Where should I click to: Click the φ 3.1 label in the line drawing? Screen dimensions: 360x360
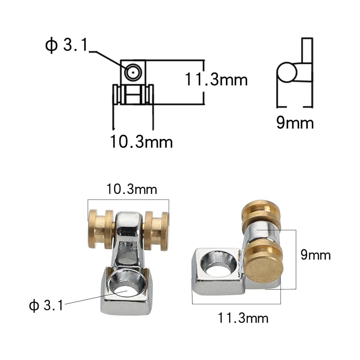[67, 45]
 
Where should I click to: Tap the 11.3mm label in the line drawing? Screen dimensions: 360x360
[216, 80]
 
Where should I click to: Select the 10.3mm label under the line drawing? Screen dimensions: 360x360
[141, 141]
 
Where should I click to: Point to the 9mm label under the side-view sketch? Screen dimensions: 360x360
[295, 123]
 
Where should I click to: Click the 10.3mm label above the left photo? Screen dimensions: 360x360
[131, 189]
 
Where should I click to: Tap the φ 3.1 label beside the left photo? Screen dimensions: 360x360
[46, 305]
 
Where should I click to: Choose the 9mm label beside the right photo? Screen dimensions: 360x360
[316, 255]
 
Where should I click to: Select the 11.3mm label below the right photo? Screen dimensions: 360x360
[243, 318]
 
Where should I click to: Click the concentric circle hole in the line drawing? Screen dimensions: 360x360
[133, 73]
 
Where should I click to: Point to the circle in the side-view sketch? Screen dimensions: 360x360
[287, 73]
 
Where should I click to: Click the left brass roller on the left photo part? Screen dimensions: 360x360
[101, 230]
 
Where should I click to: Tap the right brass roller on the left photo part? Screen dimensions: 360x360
[156, 231]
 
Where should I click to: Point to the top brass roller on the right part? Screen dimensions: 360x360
[261, 215]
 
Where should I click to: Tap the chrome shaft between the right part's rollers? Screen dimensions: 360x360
[260, 233]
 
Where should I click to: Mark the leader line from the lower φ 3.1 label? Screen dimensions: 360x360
[96, 297]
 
